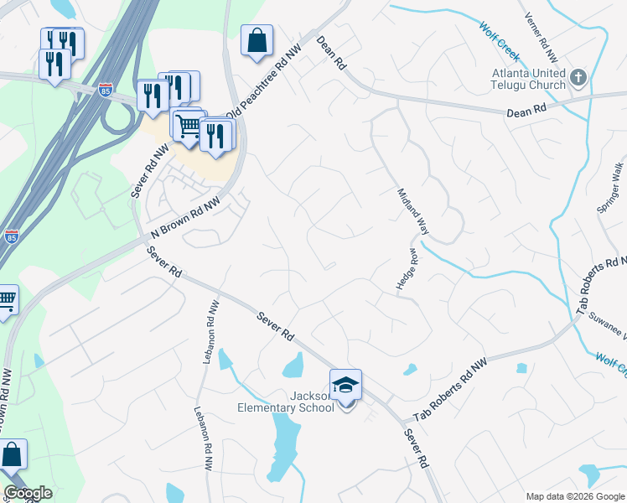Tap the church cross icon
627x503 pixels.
(x=578, y=79)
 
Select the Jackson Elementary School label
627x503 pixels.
(x=312, y=402)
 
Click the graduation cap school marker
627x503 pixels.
(x=345, y=386)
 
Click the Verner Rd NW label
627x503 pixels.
(x=540, y=38)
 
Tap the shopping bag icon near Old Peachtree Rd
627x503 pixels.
(x=256, y=40)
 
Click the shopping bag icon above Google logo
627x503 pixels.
(x=12, y=455)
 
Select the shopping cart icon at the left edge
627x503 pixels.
(x=7, y=299)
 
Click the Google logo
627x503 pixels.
(x=28, y=493)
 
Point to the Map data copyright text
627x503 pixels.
(x=575, y=496)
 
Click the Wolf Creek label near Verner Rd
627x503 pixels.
(x=499, y=40)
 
